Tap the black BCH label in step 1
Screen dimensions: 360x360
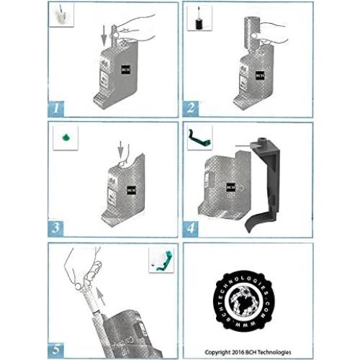click(125, 71)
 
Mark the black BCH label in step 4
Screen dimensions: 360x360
click(231, 186)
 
